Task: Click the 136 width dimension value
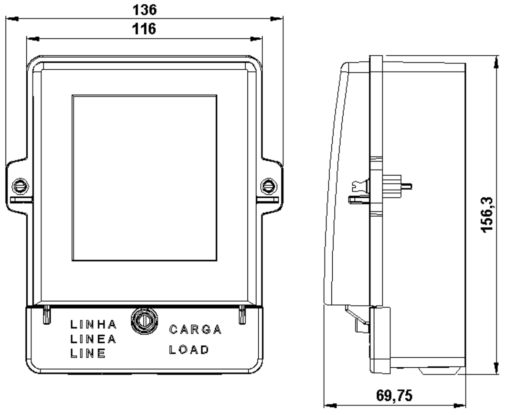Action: click(x=145, y=10)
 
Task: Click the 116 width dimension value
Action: click(x=144, y=29)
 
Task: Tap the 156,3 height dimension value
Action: click(x=487, y=215)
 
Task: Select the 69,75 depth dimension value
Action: click(x=394, y=395)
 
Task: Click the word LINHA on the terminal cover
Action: click(x=94, y=324)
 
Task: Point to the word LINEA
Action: click(x=93, y=339)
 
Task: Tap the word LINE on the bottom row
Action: click(x=88, y=353)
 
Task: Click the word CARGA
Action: click(x=196, y=329)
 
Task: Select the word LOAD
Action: click(x=189, y=350)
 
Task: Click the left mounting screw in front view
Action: click(x=20, y=186)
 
